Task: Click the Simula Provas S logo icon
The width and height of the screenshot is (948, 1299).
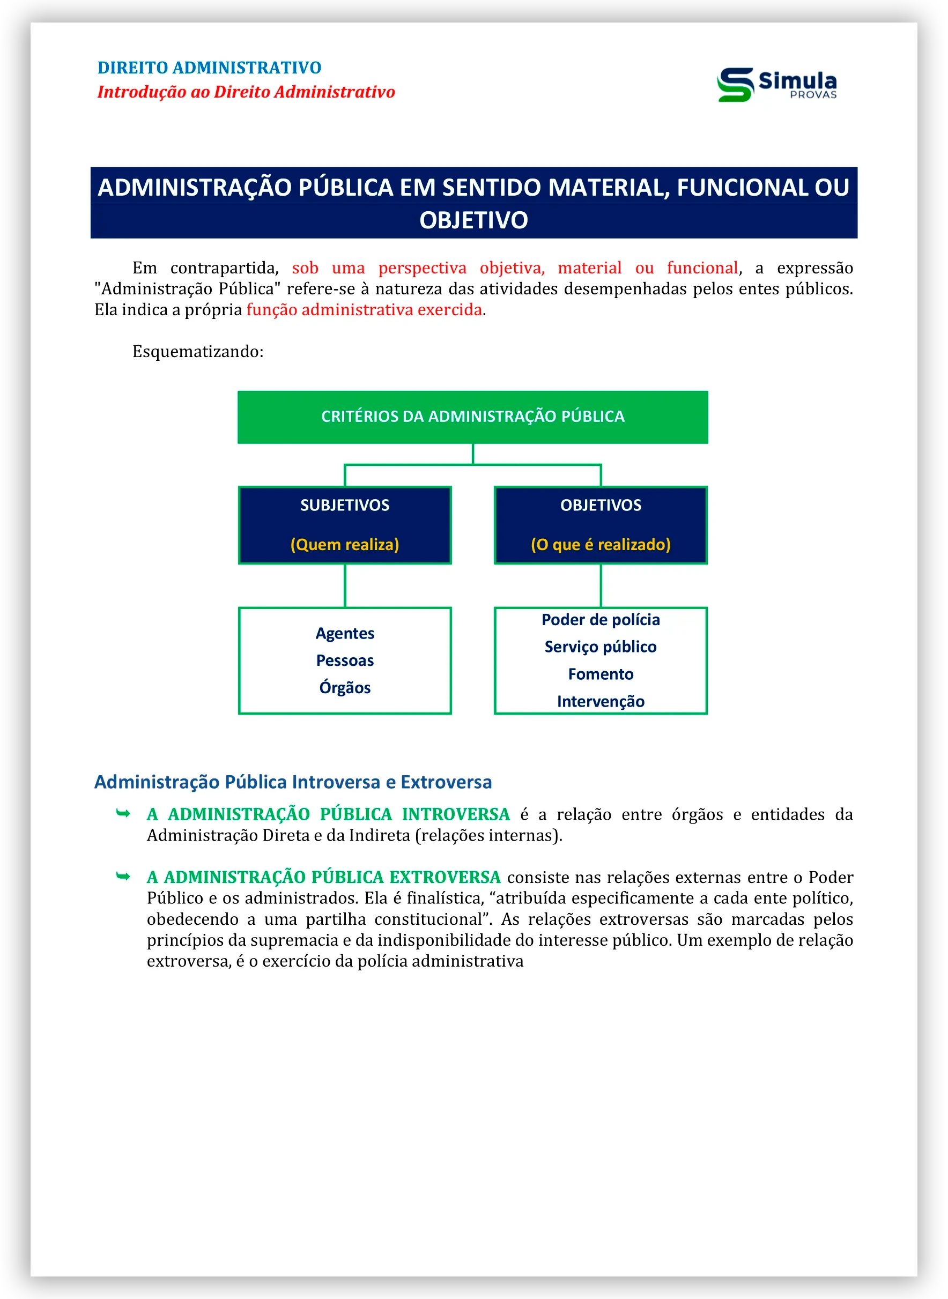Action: pos(735,85)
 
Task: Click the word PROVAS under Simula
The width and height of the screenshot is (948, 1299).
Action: pos(812,95)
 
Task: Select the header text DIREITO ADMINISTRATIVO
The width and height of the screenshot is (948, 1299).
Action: pos(209,68)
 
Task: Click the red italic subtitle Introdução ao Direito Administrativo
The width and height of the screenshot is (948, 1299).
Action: pos(246,92)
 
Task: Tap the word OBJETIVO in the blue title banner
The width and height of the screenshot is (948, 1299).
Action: pos(473,220)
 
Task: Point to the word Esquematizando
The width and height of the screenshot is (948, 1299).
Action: pos(197,351)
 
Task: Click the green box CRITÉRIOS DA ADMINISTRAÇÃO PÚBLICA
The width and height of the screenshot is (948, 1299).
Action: pos(472,417)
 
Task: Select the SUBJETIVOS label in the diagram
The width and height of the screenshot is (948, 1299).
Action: pos(344,505)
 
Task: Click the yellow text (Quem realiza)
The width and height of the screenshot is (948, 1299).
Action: pos(344,544)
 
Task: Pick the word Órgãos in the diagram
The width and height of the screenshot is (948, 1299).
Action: pos(344,687)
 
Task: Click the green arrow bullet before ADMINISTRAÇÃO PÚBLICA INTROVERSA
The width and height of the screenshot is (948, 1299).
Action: pos(123,813)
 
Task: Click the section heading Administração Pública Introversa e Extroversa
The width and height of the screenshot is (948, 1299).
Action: pos(293,782)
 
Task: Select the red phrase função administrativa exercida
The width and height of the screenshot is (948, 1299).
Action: pos(364,310)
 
